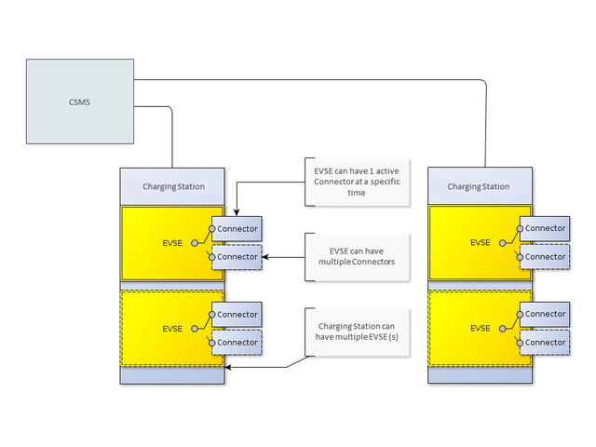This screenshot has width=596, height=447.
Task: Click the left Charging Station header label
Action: click(173, 186)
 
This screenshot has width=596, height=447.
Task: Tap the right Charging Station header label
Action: click(479, 186)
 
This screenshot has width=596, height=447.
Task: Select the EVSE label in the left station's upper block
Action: click(172, 242)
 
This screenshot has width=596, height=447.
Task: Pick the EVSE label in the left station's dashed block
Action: click(172, 328)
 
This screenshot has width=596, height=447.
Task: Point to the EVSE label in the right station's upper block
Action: click(480, 242)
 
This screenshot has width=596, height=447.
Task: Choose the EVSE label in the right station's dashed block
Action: click(480, 328)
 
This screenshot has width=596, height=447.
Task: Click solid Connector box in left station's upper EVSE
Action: click(237, 228)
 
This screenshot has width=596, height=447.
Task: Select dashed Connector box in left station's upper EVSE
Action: click(237, 257)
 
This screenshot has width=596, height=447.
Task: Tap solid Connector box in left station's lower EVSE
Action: click(237, 314)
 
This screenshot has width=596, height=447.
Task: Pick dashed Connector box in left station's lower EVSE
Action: click(237, 343)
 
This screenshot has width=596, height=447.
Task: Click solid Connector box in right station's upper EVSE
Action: click(545, 228)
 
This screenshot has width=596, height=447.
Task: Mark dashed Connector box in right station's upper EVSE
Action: click(545, 257)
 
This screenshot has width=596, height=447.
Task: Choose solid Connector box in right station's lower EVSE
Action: click(545, 314)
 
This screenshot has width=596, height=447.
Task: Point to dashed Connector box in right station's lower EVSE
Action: click(545, 343)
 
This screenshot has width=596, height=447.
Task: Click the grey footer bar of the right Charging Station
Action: click(479, 375)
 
